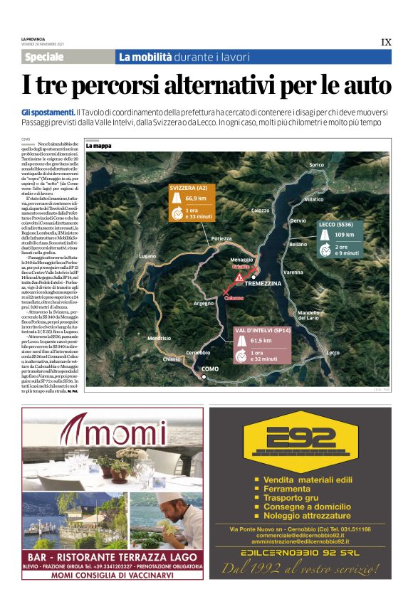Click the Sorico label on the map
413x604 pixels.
coord(316,165)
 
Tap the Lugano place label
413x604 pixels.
coord(147,255)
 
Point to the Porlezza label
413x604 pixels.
coord(221,239)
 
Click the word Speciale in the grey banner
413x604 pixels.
coord(44,57)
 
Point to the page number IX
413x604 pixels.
coord(386,42)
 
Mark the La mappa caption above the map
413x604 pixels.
coord(99,146)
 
